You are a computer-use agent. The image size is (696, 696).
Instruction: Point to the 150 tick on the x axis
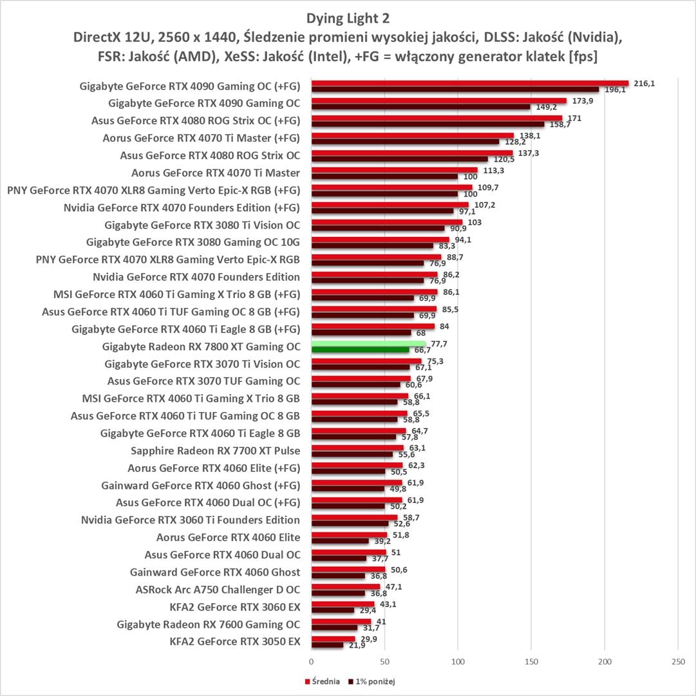pos(531,661)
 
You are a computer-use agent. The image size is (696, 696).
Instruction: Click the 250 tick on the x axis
pos(677,661)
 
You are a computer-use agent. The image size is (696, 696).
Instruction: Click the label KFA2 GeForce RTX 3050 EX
pos(234,641)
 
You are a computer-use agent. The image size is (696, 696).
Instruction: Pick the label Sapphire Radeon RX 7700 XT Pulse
pos(215,450)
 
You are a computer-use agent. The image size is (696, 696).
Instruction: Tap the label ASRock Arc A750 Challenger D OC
pos(218,589)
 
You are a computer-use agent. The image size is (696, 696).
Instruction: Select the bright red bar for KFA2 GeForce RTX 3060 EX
pos(343,604)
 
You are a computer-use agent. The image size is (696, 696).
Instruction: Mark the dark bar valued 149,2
pos(420,106)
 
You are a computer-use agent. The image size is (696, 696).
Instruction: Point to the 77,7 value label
pos(438,344)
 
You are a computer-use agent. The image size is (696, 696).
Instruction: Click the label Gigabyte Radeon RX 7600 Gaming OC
pos(209,624)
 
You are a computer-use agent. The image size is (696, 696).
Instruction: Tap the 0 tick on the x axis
pos(312,661)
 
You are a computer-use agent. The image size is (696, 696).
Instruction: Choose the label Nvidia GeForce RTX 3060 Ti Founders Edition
pos(191,520)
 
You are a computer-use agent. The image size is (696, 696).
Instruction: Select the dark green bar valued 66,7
pos(360,350)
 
